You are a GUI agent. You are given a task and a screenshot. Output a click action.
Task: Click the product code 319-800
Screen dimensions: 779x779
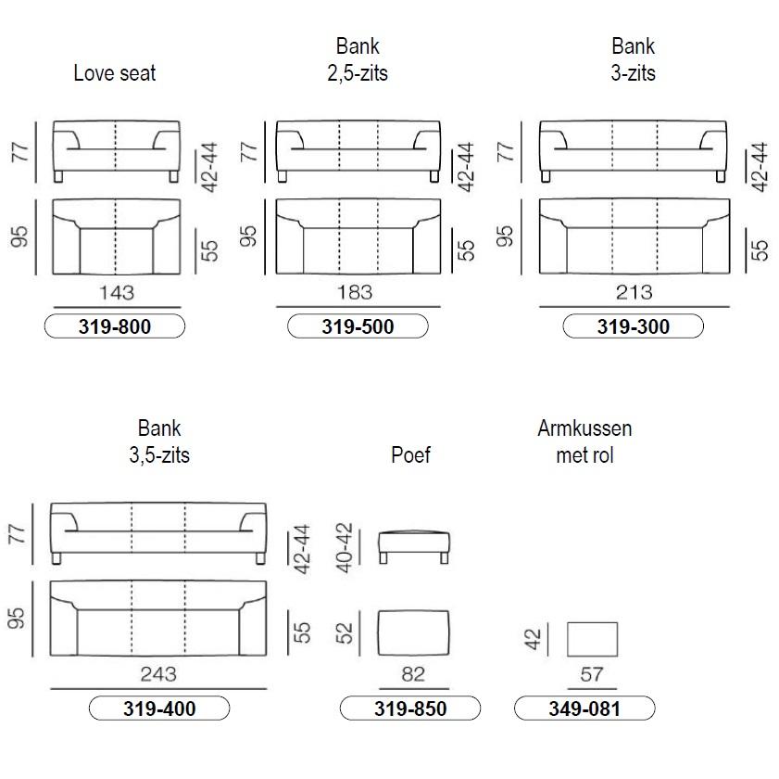[115, 326]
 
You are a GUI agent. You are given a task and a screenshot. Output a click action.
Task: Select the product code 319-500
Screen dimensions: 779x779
[358, 326]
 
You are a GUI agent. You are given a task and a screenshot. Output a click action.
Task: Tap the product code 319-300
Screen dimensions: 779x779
[634, 326]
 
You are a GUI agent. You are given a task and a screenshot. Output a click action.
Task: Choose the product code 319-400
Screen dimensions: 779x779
[159, 709]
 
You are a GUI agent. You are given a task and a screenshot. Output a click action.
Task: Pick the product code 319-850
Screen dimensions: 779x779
[410, 709]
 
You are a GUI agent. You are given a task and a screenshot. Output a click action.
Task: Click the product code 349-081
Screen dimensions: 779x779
[584, 709]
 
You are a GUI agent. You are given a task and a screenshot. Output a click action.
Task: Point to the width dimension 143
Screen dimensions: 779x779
[117, 292]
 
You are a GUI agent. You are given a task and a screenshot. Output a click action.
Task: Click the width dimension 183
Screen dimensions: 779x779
[355, 292]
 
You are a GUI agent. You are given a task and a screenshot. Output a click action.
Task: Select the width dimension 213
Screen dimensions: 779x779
[634, 292]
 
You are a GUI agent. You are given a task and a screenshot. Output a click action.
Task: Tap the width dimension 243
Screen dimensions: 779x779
[158, 674]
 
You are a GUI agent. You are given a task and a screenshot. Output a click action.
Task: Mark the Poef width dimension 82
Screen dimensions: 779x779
[413, 674]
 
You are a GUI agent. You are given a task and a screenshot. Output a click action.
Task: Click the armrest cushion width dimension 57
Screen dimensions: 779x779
[592, 674]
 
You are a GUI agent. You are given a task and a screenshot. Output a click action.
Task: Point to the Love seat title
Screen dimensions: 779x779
[115, 73]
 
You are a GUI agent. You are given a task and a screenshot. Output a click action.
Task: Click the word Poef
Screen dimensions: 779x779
[410, 454]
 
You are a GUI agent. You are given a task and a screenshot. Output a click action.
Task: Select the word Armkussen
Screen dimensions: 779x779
[584, 428]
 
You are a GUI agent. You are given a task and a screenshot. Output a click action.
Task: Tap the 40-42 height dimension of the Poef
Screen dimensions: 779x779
[345, 548]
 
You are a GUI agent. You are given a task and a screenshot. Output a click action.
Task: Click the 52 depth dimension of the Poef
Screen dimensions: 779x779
[345, 633]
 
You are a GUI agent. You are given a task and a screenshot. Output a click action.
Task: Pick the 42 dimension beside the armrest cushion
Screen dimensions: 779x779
[533, 639]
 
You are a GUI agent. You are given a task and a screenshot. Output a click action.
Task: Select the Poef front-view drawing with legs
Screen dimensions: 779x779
[414, 547]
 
